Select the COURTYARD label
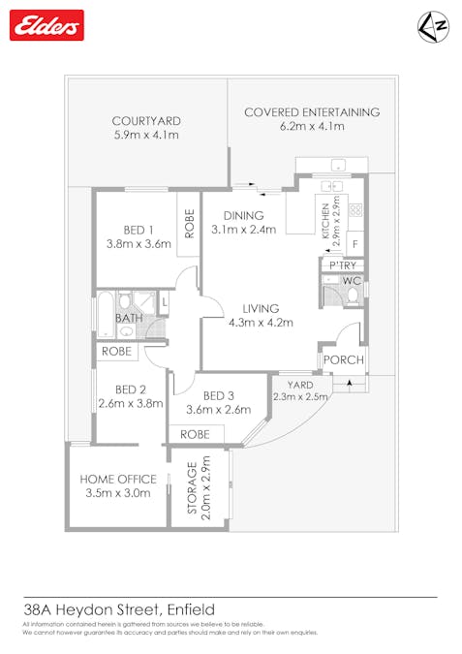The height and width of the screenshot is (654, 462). [x=146, y=121]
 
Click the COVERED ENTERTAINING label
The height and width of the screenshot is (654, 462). [x=311, y=111]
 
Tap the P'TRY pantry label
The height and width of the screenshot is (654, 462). [x=344, y=265]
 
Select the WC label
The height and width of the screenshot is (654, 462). [x=353, y=282]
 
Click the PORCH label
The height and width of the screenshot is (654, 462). [x=344, y=360]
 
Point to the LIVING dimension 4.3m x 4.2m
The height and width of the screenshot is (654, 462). [x=261, y=323]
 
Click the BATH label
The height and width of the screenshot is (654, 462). [x=130, y=318]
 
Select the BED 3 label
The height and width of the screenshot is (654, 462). [x=219, y=395]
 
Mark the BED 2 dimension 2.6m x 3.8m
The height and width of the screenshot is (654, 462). [x=130, y=404]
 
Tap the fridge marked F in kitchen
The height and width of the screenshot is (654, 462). [x=355, y=243]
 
